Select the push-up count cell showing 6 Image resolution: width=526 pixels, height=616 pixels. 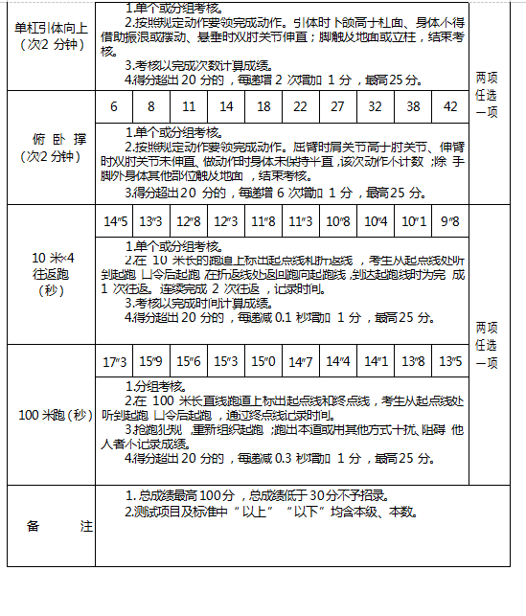114,106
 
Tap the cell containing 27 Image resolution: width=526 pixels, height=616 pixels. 337,106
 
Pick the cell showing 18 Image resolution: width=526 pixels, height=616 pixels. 263,106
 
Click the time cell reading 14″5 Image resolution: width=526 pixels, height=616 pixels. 114,221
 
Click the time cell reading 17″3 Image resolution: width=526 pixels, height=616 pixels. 114,362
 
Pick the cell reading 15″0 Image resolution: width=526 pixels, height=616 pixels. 263,362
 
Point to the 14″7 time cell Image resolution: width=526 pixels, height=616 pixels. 301,362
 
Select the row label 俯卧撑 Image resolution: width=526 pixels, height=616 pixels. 49,147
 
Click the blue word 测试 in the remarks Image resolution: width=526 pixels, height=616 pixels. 148,512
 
